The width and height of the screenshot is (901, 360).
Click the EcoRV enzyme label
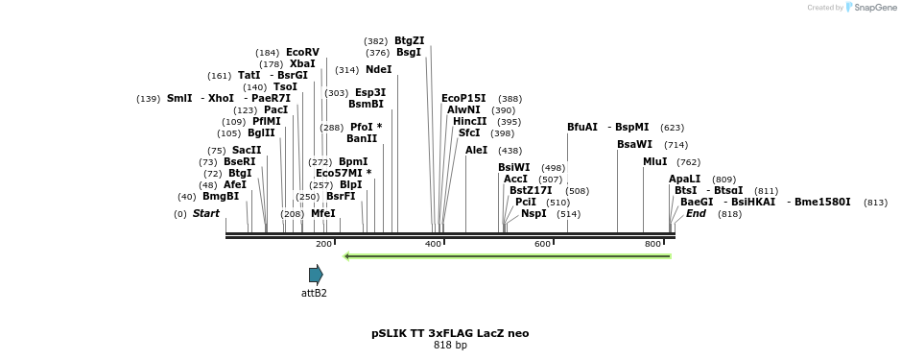point(302,53)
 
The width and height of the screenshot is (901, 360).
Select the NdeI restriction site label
point(378,70)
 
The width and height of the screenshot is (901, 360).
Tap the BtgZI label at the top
point(409,41)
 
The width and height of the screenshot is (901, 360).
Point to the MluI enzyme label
point(654,162)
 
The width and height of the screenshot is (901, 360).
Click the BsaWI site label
point(634,145)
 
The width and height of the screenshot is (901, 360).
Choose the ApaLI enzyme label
point(684,180)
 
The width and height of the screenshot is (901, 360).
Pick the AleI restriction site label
point(476,151)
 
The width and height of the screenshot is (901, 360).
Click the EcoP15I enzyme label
point(463,99)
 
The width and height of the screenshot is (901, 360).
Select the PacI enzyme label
point(275,110)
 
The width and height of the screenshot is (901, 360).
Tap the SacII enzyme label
point(247,151)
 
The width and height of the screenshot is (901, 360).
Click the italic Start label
point(206,214)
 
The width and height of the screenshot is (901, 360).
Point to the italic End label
point(696,214)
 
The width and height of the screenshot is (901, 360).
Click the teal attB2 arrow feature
point(316,275)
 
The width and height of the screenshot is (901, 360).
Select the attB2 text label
point(314,293)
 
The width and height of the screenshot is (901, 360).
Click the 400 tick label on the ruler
point(433,245)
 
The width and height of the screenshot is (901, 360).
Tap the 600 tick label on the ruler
point(542,245)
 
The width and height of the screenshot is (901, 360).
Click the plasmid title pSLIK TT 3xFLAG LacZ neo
point(450,333)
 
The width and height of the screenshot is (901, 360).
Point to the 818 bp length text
point(450,346)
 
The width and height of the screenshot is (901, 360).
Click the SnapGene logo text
point(874,8)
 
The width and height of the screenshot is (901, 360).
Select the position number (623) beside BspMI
point(672,128)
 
